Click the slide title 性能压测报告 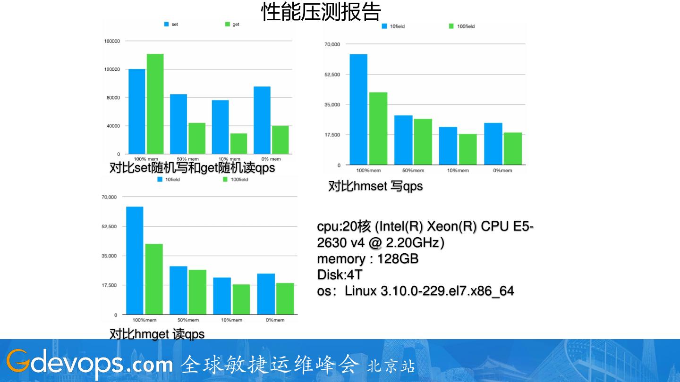(x=321, y=12)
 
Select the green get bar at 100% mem (x=155, y=104)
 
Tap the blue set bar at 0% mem (x=262, y=120)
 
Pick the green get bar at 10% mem (x=238, y=143)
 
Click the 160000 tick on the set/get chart (x=112, y=41)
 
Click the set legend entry (x=171, y=24)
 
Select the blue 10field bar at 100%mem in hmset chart (x=358, y=109)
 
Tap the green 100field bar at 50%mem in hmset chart (x=423, y=141)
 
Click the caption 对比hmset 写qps (x=375, y=186)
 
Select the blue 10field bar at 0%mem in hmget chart (x=266, y=294)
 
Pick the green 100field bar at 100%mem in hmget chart (x=154, y=279)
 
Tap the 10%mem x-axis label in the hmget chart (x=232, y=320)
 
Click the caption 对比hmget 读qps (x=157, y=334)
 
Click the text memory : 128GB (x=367, y=259)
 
